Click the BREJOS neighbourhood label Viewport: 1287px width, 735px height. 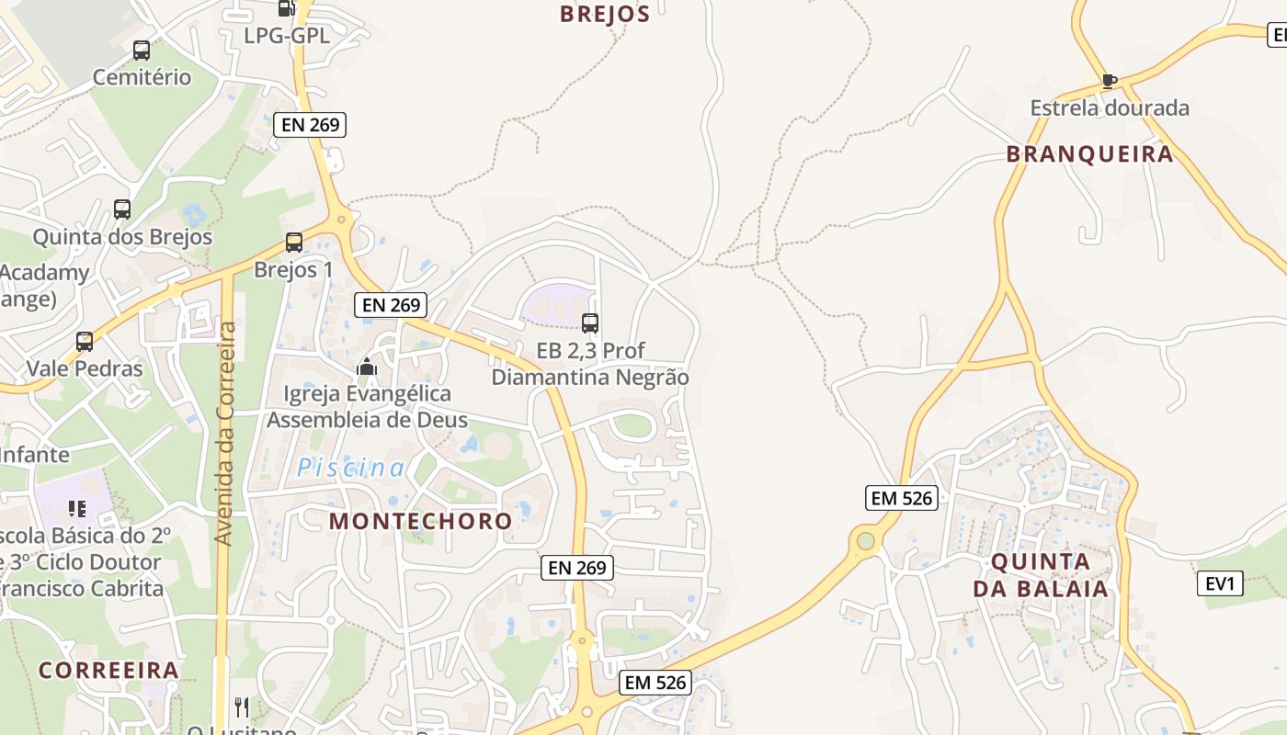tap(605, 14)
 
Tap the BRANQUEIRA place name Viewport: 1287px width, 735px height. tap(1089, 153)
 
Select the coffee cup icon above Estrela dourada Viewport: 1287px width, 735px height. tap(1110, 81)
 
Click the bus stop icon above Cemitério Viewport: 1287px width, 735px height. tap(142, 51)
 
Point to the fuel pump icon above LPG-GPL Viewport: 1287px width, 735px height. tap(286, 8)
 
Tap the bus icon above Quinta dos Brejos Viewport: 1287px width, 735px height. tap(122, 209)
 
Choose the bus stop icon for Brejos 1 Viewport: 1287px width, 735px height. tap(294, 243)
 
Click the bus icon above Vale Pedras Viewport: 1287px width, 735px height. tap(85, 342)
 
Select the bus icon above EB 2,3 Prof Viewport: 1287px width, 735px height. tap(590, 323)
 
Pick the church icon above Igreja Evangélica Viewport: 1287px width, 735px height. tap(367, 367)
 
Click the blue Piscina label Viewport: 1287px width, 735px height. tap(350, 469)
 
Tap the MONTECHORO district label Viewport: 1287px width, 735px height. tap(421, 521)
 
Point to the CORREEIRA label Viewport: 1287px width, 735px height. tap(108, 670)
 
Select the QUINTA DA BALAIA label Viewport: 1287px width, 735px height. tap(1041, 575)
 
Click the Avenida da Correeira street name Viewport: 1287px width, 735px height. tap(225, 434)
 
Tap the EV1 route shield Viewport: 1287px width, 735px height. tap(1221, 583)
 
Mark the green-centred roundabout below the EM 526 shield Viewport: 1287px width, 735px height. tap(866, 541)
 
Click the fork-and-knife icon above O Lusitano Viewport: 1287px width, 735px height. tap(242, 707)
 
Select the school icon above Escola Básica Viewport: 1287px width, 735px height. tap(77, 508)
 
